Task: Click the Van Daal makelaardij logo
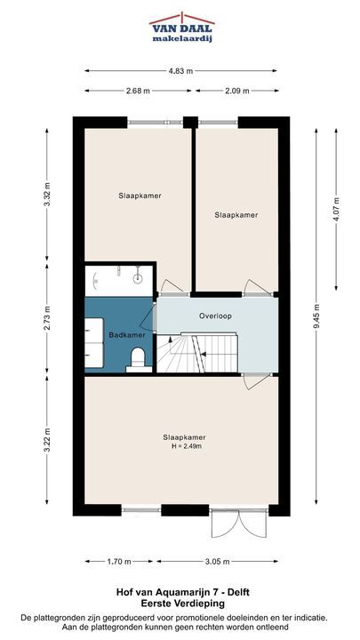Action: [x=182, y=28]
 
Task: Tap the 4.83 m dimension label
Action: [x=180, y=70]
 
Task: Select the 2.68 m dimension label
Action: [x=138, y=91]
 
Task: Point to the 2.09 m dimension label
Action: [x=236, y=91]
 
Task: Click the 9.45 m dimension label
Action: [x=316, y=316]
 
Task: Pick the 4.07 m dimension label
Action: [x=336, y=210]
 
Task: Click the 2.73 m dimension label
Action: [x=46, y=318]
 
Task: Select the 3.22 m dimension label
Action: [x=46, y=440]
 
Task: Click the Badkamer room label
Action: [x=127, y=335]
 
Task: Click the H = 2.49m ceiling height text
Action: [x=187, y=446]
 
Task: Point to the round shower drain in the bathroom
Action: [x=138, y=279]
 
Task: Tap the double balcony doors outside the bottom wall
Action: [x=239, y=524]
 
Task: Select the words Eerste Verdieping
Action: [x=182, y=603]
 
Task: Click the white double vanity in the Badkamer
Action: [x=94, y=343]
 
